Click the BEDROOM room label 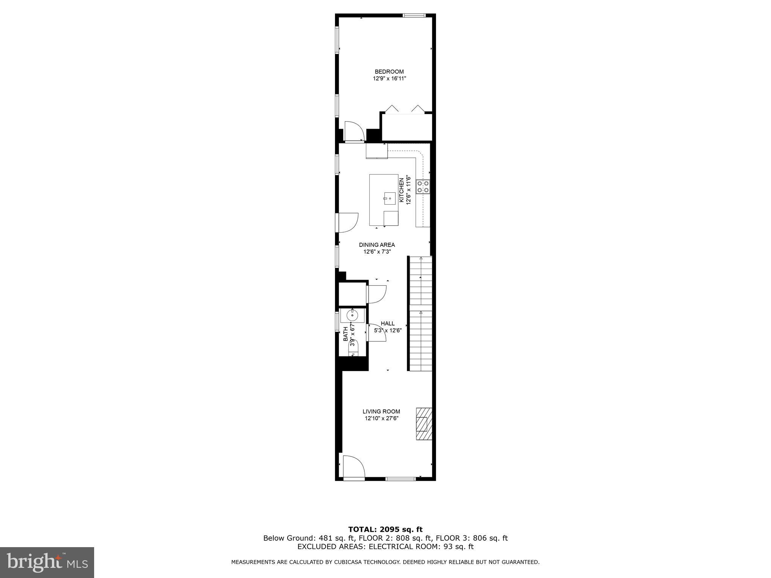pos(389,71)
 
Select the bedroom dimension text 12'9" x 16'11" pos(389,79)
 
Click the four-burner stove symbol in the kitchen pos(423,187)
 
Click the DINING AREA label pos(376,245)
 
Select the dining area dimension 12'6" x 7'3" pos(377,252)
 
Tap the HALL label pos(387,323)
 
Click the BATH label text pos(346,334)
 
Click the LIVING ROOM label pos(381,411)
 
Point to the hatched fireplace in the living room pos(424,423)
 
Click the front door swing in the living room pos(353,467)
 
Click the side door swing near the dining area pos(347,222)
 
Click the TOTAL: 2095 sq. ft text pos(385,529)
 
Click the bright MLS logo pos(47,562)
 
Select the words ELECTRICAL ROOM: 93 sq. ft pos(421,547)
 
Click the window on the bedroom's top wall pos(414,15)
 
